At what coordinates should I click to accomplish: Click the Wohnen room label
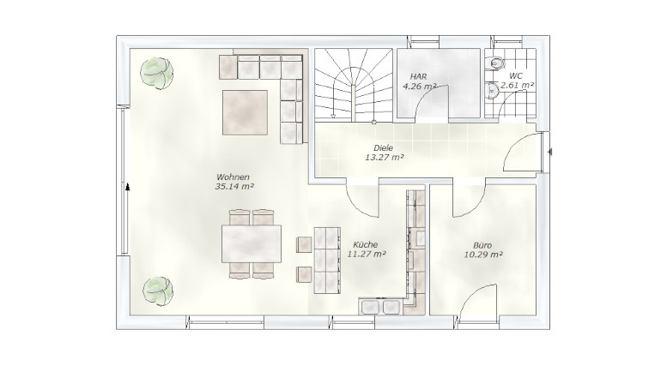[x=233, y=177]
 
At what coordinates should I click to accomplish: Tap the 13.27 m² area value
[x=384, y=158]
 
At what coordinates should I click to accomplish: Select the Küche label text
[x=366, y=244]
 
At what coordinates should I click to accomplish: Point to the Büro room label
[x=482, y=245]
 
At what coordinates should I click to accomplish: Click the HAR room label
[x=418, y=76]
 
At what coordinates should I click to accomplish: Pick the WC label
[x=516, y=76]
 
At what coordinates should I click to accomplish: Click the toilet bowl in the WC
[x=496, y=63]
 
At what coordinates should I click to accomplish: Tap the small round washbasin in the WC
[x=492, y=90]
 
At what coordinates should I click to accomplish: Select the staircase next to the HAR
[x=353, y=86]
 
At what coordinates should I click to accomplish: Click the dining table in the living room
[x=252, y=243]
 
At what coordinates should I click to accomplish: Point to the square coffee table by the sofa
[x=245, y=112]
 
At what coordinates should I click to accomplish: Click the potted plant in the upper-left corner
[x=157, y=73]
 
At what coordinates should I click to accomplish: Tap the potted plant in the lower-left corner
[x=158, y=291]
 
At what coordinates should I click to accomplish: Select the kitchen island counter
[x=327, y=261]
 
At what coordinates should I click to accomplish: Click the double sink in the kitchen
[x=379, y=306]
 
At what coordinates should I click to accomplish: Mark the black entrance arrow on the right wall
[x=549, y=152]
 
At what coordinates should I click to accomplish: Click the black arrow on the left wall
[x=128, y=187]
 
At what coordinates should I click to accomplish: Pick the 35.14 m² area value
[x=234, y=186]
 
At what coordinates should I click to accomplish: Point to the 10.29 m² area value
[x=483, y=255]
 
